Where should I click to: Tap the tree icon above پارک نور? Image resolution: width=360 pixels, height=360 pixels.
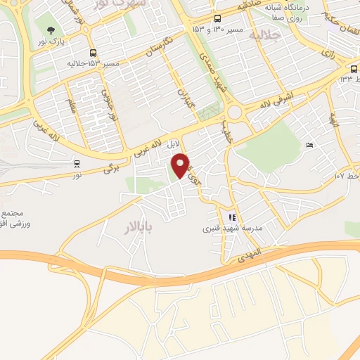51,31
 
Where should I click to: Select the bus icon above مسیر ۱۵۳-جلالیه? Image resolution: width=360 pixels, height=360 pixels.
93,53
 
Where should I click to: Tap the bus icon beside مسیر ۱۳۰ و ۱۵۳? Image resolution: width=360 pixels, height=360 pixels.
217,20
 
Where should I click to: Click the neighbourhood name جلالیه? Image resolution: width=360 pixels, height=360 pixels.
270,34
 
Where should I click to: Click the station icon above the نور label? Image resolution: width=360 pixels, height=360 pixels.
77,163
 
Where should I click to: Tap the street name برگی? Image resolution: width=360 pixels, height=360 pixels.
113,168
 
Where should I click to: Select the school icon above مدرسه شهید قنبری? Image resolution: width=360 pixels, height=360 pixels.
233,217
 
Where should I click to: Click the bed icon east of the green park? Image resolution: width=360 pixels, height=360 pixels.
309,146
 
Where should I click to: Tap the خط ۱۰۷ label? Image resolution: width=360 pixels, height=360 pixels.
348,174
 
